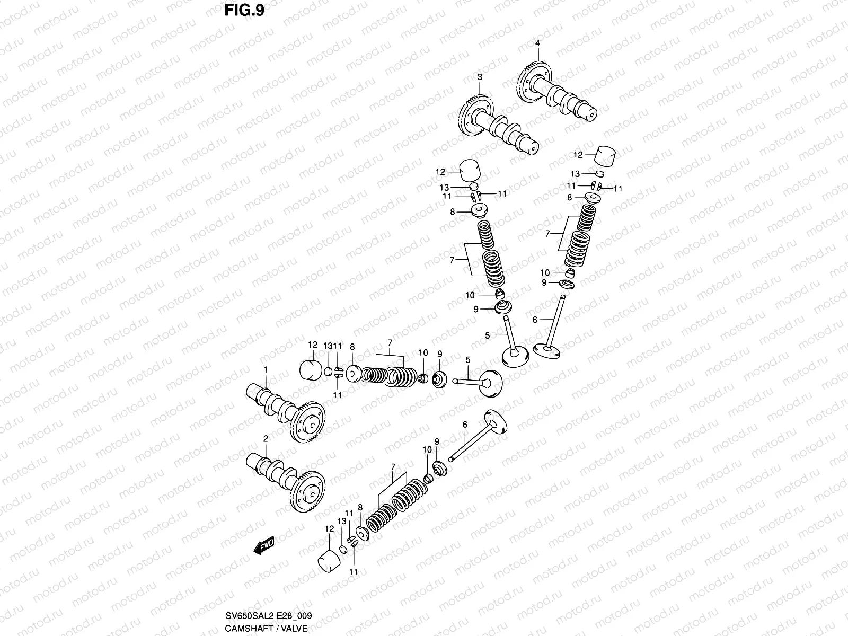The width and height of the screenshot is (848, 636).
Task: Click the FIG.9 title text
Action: click(x=243, y=10)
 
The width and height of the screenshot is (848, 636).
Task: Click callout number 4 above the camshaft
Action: click(x=537, y=43)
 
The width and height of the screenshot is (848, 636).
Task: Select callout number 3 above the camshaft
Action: click(x=479, y=77)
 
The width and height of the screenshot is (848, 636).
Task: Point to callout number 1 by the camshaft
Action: click(x=266, y=369)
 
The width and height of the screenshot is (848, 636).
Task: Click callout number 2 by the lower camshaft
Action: click(x=266, y=438)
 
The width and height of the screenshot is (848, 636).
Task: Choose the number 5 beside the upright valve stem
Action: click(x=488, y=335)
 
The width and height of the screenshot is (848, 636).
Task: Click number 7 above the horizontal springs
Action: click(x=390, y=343)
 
